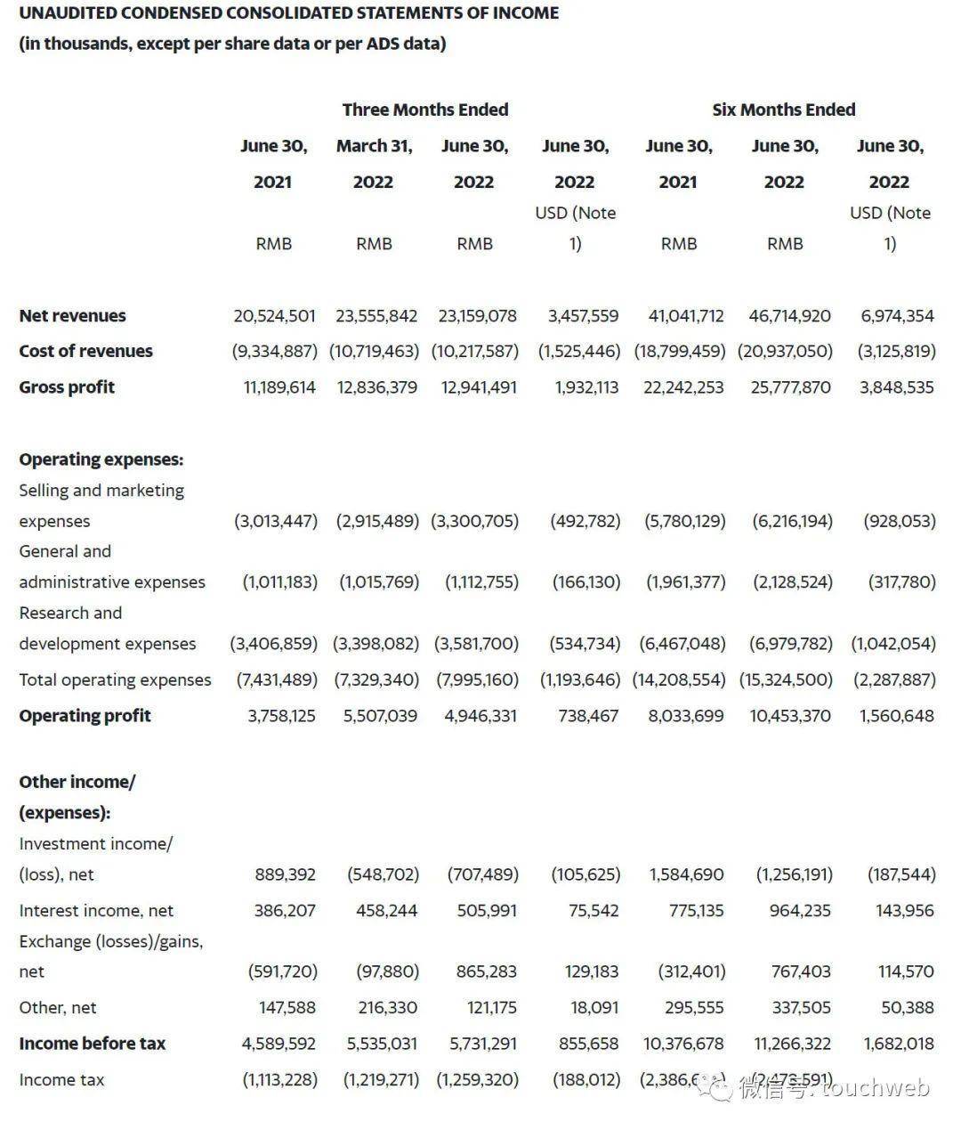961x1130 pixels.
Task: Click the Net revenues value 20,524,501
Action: [x=274, y=316]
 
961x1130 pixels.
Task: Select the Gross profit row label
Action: [x=67, y=387]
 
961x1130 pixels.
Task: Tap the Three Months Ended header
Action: [x=425, y=110]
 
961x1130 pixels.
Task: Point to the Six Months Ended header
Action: [x=783, y=110]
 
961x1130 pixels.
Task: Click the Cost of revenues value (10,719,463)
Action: [x=374, y=352]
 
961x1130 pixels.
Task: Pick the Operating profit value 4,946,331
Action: [x=480, y=716]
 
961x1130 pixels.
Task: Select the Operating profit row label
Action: [x=85, y=716]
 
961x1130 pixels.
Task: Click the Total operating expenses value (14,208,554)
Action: [x=679, y=680]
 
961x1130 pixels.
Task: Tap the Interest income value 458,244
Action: [x=386, y=911]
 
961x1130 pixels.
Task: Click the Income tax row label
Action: [x=61, y=1080]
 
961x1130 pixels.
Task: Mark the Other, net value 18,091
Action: [x=594, y=1008]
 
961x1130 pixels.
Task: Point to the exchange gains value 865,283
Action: [x=487, y=971]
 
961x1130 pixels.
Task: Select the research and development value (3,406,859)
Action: [x=274, y=644]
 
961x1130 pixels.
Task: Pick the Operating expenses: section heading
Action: [x=101, y=459]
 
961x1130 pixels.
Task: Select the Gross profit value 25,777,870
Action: [x=790, y=387]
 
